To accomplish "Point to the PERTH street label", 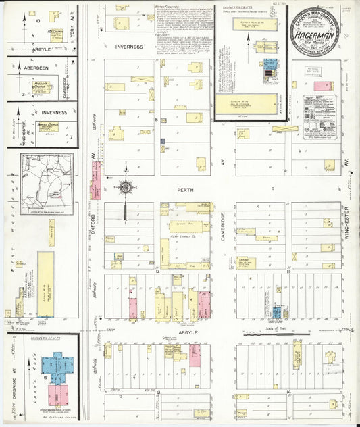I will (x=185, y=191).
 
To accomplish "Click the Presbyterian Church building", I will (x=45, y=88).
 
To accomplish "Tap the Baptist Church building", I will (x=48, y=126).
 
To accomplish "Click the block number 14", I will (x=288, y=393).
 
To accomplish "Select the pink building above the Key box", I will (x=323, y=86).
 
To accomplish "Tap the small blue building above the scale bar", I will (x=277, y=312).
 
